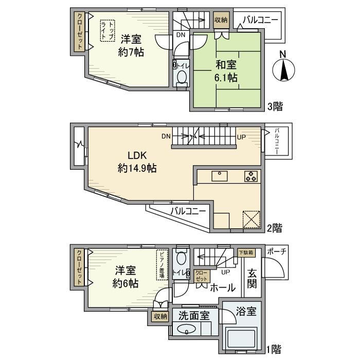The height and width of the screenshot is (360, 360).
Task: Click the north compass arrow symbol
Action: [283, 67]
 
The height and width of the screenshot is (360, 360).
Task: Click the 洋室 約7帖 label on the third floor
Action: [132, 45]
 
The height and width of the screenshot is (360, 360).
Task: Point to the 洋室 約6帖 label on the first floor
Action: [125, 276]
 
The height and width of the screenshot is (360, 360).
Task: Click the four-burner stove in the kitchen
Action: [250, 176]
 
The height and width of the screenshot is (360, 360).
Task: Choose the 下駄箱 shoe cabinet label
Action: [247, 253]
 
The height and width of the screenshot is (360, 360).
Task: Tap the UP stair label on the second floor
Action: [241, 137]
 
